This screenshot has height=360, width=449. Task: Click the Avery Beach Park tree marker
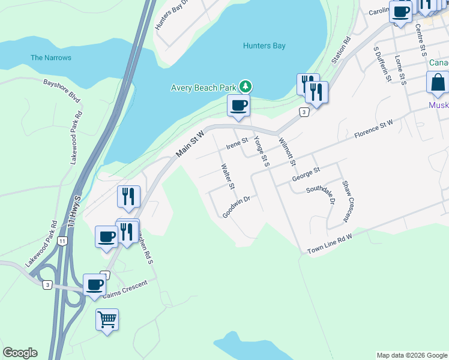pyautogui.click(x=245, y=87)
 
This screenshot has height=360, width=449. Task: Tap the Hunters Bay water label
pyautogui.click(x=264, y=46)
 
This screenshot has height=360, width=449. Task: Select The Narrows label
pyautogui.click(x=51, y=58)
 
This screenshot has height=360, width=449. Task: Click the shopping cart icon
pyautogui.click(x=107, y=319)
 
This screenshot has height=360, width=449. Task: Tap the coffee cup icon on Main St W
pyautogui.click(x=238, y=106)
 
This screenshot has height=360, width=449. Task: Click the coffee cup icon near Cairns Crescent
pyautogui.click(x=94, y=284)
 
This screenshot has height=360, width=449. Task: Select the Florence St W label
pyautogui.click(x=373, y=128)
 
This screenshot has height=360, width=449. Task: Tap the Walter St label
pyautogui.click(x=227, y=176)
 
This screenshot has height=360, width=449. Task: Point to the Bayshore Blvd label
pyautogui.click(x=62, y=88)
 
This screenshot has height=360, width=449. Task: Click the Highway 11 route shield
pyautogui.click(x=63, y=240)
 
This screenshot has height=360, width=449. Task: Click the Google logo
pyautogui.click(x=20, y=353)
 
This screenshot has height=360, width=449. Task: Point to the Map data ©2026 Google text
pyautogui.click(x=411, y=355)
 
